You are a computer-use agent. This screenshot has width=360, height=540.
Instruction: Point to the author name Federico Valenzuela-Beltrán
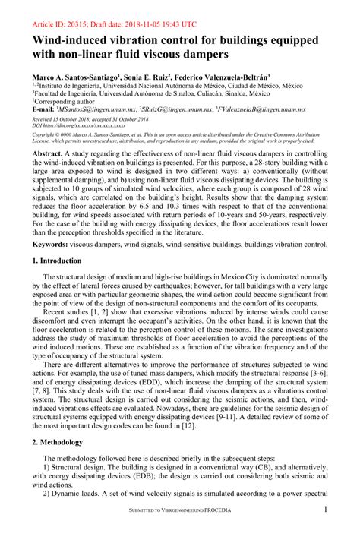click(x=232, y=78)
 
